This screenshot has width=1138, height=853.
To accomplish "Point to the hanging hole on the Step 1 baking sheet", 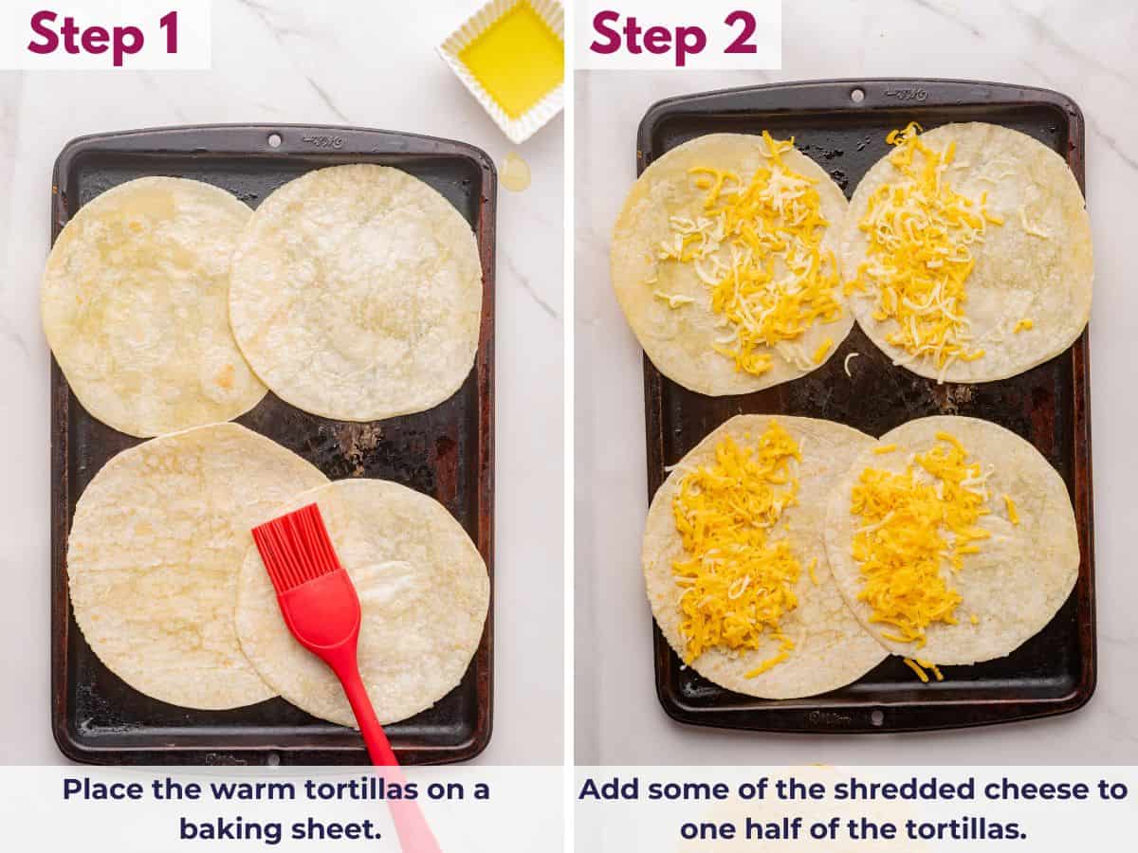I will point(274,140).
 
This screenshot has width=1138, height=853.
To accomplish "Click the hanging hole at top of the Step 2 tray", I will point(858,95).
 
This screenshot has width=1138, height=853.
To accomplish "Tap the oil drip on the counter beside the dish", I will point(514,172).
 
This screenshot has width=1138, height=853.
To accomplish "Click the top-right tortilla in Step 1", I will point(356,289).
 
